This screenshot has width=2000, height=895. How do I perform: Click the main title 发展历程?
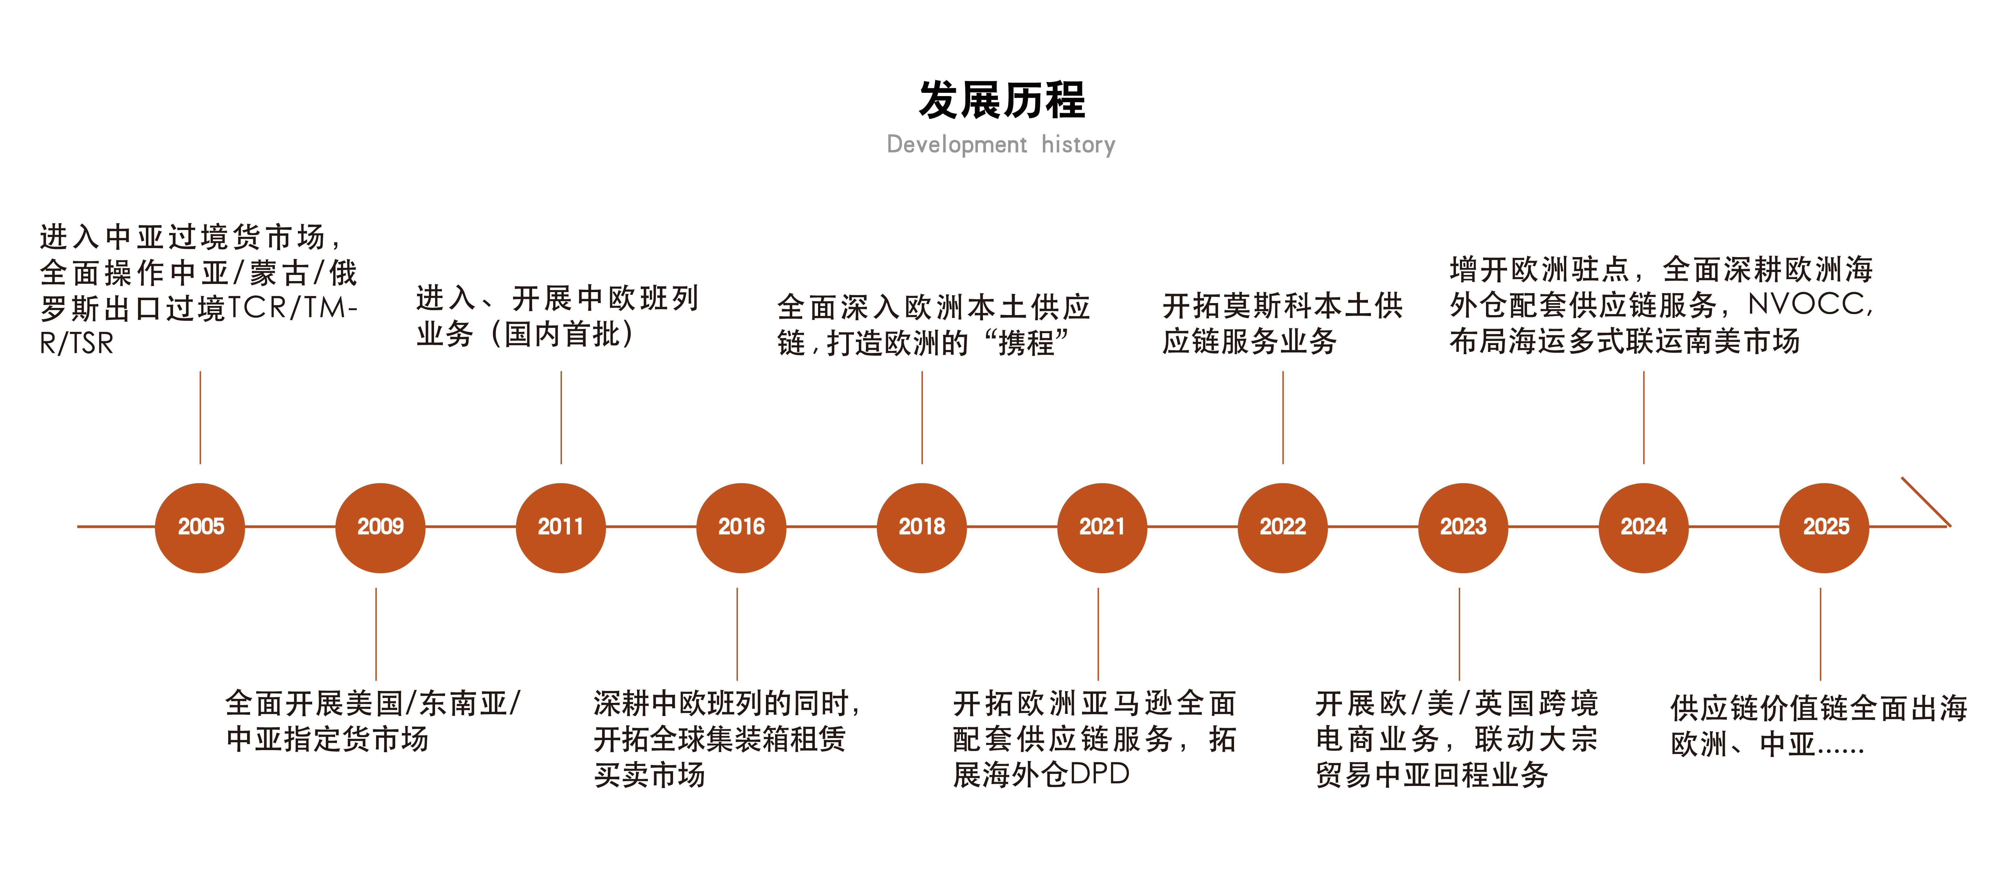coord(1001,100)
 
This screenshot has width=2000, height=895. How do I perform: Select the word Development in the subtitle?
coord(956,144)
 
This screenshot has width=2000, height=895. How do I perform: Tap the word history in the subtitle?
coord(1078,144)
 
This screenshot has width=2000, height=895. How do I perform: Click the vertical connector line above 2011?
coord(561,418)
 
